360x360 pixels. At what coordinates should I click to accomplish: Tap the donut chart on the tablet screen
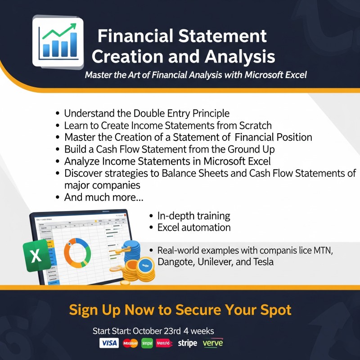point(77,253)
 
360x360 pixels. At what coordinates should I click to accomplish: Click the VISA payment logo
point(109,343)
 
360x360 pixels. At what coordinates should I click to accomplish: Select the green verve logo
point(213,343)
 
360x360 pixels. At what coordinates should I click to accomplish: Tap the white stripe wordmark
point(187,343)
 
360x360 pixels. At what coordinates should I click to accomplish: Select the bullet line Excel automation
point(194,228)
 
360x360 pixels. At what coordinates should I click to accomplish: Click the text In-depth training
point(194,216)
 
